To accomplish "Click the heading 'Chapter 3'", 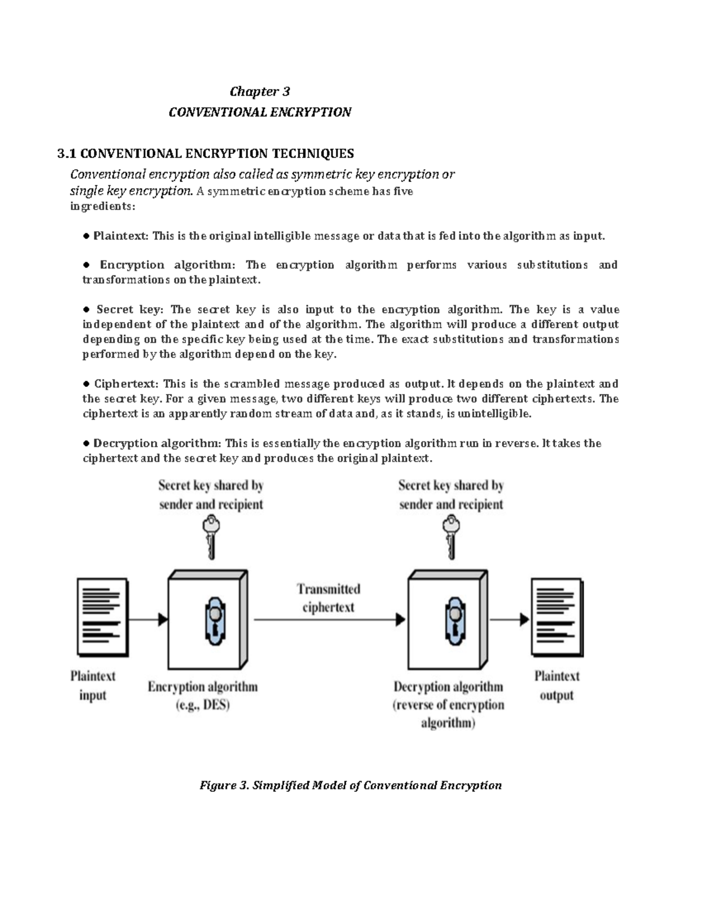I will (x=260, y=91).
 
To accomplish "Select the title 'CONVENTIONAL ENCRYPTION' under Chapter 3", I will (x=260, y=112).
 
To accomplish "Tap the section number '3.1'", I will (x=66, y=154).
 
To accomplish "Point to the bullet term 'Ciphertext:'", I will (x=126, y=384).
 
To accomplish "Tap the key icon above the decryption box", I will (x=451, y=537).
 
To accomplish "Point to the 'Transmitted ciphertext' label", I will (x=328, y=598).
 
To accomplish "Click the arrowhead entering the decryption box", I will (x=401, y=619).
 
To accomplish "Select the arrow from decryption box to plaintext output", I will (x=510, y=619).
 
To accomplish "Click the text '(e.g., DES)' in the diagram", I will (x=203, y=705).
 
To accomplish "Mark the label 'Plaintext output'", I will (x=556, y=685).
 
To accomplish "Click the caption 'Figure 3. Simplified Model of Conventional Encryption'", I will (x=350, y=785).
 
